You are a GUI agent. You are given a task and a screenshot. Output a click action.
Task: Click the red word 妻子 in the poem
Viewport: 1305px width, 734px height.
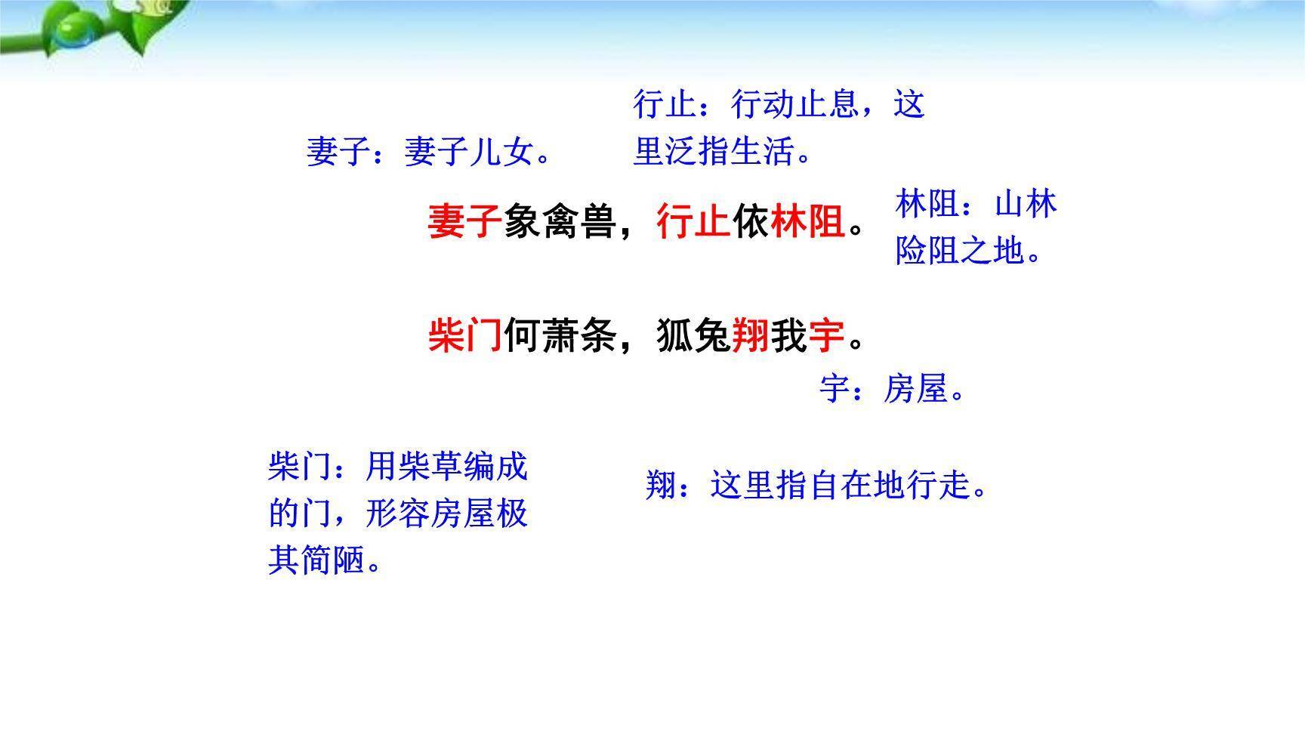tap(464, 222)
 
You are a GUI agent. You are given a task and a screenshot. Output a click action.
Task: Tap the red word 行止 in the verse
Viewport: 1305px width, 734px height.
tap(693, 222)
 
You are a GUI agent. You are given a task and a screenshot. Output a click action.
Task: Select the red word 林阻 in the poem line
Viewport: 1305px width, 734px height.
tap(807, 222)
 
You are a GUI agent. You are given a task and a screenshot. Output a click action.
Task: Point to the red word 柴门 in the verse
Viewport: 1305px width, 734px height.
tap(464, 335)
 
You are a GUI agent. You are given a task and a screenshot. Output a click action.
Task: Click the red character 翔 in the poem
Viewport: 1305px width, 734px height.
tap(751, 335)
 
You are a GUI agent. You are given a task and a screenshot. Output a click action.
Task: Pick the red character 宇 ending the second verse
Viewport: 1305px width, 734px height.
tap(826, 335)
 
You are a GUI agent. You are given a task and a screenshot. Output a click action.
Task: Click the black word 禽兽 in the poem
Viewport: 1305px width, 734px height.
tap(579, 222)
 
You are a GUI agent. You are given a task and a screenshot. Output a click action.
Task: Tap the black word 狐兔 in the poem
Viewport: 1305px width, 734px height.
tap(693, 335)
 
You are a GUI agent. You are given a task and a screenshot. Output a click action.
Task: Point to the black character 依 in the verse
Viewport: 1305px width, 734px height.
tap(751, 222)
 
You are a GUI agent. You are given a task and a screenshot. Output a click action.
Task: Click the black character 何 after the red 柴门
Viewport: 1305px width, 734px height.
tap(522, 335)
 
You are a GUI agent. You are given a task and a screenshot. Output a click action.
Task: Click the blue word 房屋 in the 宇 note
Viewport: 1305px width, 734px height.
tap(915, 390)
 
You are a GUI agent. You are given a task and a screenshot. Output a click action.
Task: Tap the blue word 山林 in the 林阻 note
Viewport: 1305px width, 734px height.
tap(1025, 205)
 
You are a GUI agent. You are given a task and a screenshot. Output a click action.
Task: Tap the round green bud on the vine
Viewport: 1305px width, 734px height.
tap(72, 32)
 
